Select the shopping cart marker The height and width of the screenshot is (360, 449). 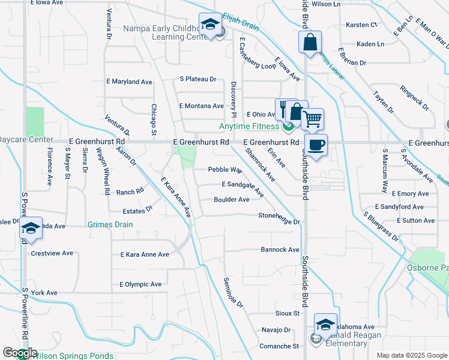pos(312,119)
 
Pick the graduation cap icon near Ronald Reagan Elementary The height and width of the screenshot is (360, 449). pos(325,325)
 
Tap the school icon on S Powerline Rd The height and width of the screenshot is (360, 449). pos(31,229)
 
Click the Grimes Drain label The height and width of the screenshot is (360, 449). pos(110,224)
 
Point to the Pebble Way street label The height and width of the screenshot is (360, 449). pos(225,170)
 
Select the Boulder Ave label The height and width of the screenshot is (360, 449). pos(232,200)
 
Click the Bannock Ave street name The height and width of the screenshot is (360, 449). pos(280,250)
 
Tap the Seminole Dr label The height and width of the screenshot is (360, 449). pos(234,293)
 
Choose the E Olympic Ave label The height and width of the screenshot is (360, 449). pos(140,284)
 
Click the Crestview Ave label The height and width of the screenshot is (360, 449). pos(52,253)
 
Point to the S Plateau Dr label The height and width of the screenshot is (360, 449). pos(197,79)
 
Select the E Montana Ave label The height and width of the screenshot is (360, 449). pos(202,106)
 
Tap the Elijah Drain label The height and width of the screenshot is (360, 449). pos(240,18)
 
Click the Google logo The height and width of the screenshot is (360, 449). pos(20,353)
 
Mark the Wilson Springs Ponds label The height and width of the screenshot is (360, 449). pos(69,355)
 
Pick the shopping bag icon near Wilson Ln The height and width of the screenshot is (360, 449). pos(310,43)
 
